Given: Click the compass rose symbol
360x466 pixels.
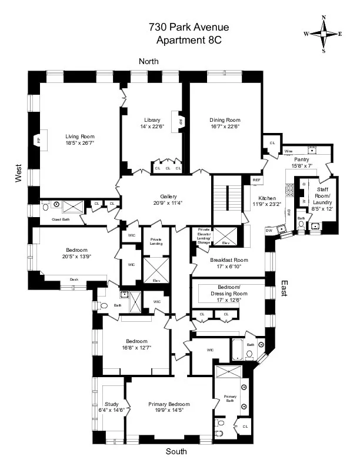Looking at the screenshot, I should coord(323,34).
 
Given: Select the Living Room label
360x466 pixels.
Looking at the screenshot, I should coord(79,137).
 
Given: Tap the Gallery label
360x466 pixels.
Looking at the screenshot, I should coord(168,197).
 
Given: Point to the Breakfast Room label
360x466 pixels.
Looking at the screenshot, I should coord(229,259).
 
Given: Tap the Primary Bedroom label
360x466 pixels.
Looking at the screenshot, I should coord(170,404).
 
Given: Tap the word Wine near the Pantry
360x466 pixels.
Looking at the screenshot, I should coord(289,151).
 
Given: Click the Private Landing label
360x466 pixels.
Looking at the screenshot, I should coord(156,241).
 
